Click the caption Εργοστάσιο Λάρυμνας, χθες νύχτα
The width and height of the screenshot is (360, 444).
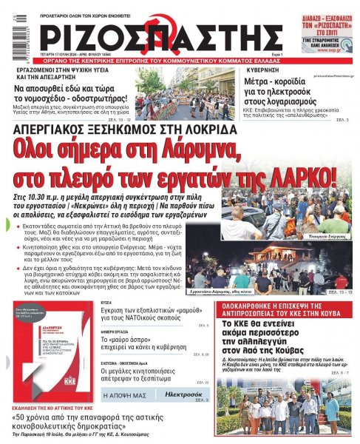[x=264, y=294]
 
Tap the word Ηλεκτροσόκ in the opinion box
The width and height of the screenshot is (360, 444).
[x=181, y=395]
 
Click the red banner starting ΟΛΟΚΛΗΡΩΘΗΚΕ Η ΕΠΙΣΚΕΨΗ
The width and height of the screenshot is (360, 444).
[x=286, y=308]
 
